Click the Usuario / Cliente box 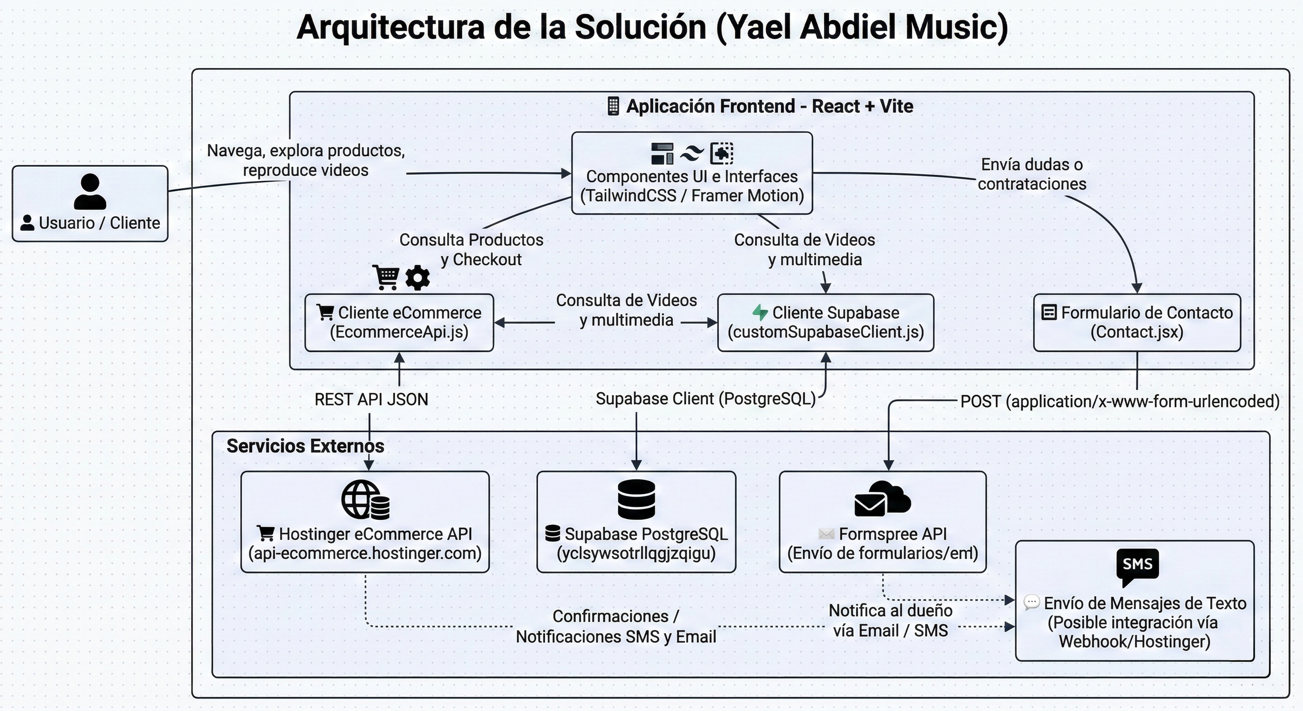tap(90, 203)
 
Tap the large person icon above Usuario tap(90, 191)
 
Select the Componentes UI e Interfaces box tap(691, 174)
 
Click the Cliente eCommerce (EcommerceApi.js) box tap(399, 322)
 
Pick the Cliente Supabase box tap(825, 322)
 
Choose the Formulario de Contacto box tap(1136, 322)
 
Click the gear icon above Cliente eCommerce tap(417, 277)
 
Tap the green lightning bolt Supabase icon tap(760, 312)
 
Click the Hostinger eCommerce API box tap(365, 522)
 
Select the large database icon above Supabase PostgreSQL tap(636, 499)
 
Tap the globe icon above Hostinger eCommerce tap(360, 499)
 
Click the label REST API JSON tap(371, 400)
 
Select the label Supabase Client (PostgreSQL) tap(705, 399)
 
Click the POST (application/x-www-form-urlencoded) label tap(1119, 401)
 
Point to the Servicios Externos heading tap(305, 446)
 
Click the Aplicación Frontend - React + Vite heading tap(769, 106)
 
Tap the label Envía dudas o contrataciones tap(1031, 174)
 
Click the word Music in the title tap(956, 27)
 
